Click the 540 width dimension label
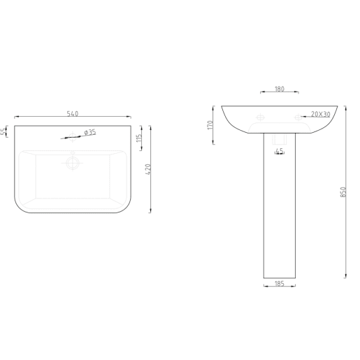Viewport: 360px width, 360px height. click(x=71, y=113)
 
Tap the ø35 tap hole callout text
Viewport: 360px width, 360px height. click(x=89, y=131)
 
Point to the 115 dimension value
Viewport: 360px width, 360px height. click(x=140, y=138)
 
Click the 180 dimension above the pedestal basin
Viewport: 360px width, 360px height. click(x=279, y=89)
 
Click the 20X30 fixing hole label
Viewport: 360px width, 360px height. click(x=320, y=113)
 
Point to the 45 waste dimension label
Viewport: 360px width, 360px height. click(x=279, y=150)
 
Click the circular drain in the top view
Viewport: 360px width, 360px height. click(x=72, y=163)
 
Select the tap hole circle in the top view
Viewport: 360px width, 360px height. click(x=72, y=137)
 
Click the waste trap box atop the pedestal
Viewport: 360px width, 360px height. click(x=279, y=140)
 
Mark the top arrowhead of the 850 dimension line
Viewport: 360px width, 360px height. click(x=344, y=108)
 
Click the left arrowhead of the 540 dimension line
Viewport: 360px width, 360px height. click(x=15, y=117)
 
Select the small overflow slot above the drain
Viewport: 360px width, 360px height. click(x=72, y=151)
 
